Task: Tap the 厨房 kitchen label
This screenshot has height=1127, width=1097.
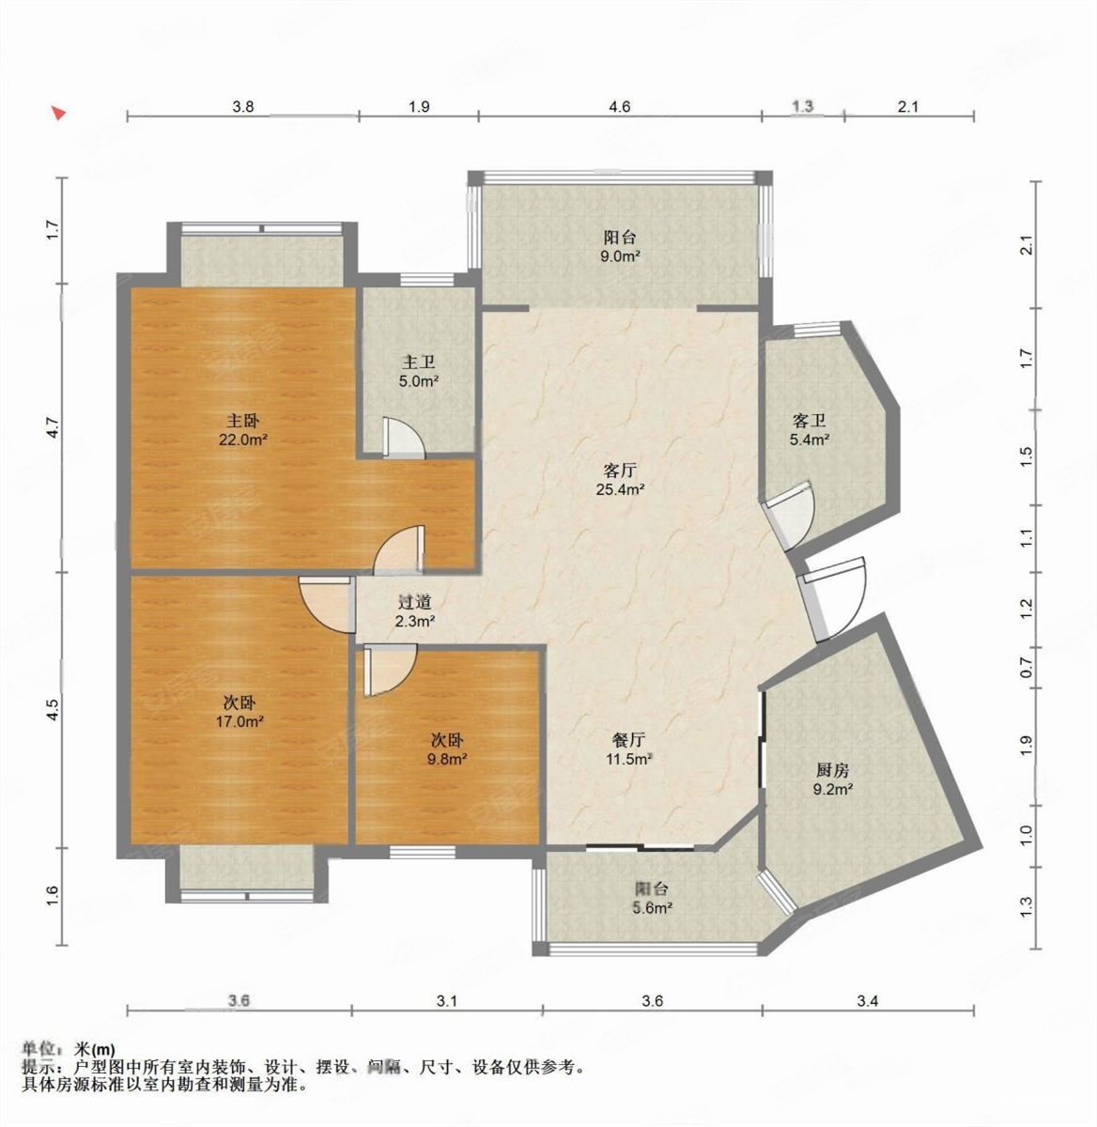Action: tap(832, 769)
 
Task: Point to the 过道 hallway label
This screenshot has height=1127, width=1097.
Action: tap(414, 602)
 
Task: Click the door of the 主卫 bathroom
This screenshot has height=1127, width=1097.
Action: tap(403, 439)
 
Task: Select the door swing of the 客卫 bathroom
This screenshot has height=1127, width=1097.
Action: tap(789, 515)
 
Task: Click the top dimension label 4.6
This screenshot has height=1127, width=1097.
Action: tap(619, 107)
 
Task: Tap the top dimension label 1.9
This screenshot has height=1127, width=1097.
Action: tap(420, 107)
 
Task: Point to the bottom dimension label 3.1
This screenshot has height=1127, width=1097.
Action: tap(446, 1002)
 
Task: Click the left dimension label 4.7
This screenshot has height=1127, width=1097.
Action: tap(54, 427)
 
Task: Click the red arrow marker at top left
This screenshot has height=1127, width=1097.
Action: tap(58, 114)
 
